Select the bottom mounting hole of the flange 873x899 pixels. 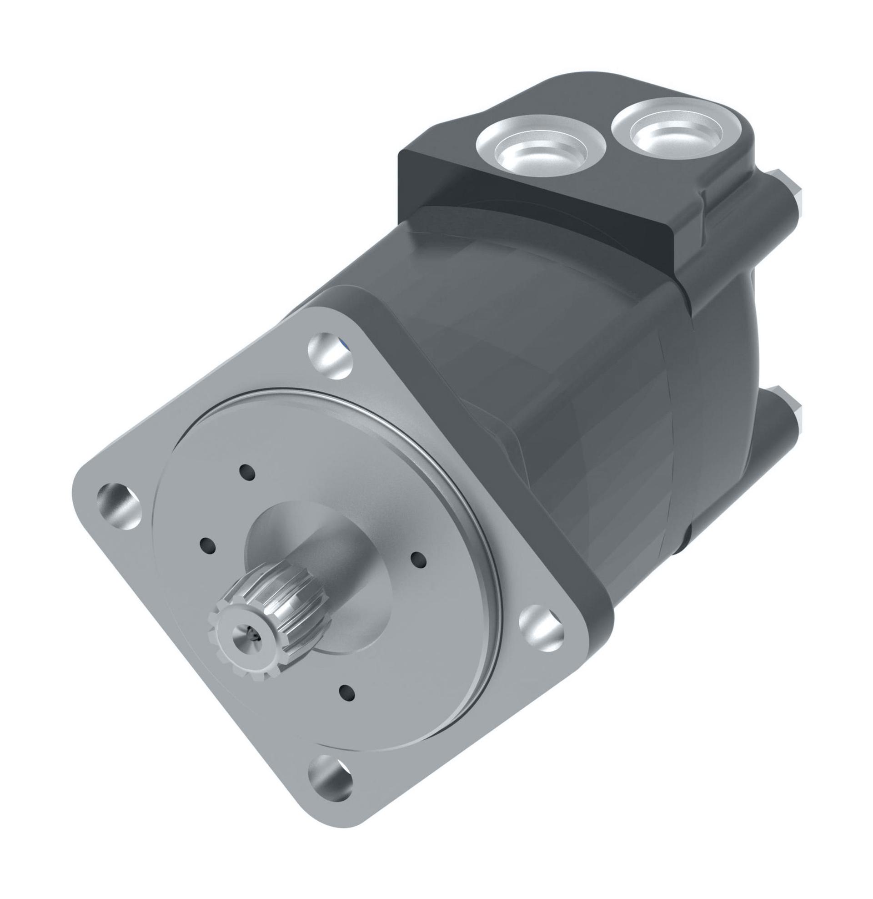pos(330,778)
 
